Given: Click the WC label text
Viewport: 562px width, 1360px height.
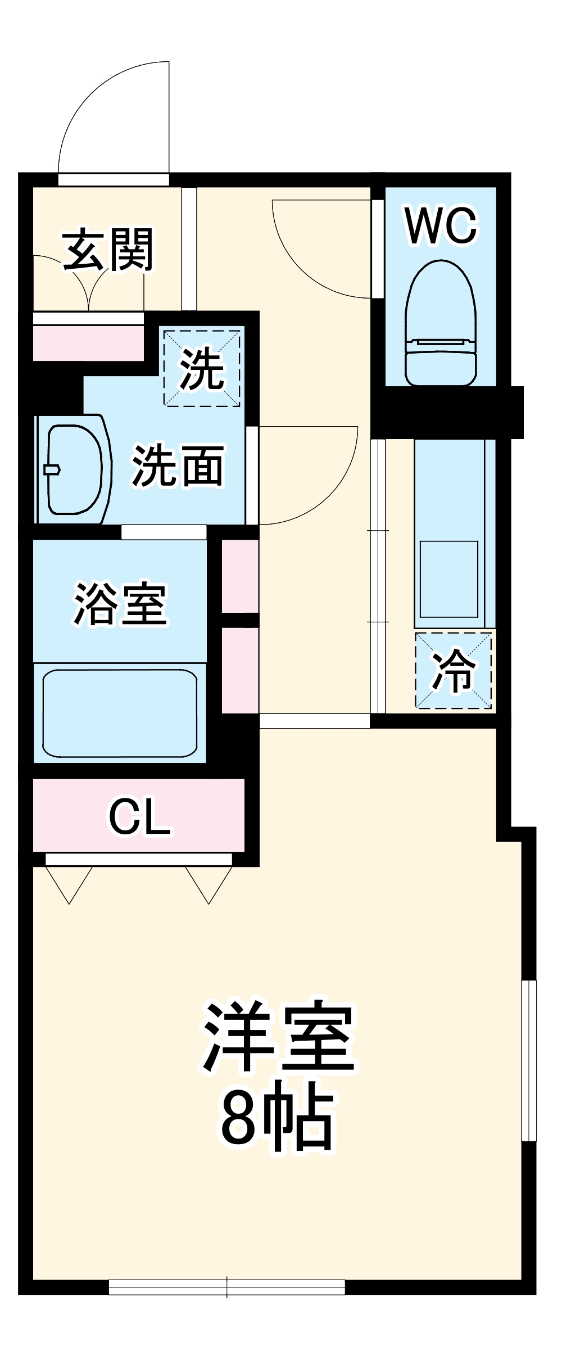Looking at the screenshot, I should [441, 226].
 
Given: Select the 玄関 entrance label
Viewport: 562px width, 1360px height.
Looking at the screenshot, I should [108, 249].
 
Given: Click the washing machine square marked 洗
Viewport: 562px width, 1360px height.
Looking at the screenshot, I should [202, 368].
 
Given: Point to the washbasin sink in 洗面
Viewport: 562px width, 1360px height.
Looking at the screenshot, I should [73, 469].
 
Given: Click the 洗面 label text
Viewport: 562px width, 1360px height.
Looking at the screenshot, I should [178, 466].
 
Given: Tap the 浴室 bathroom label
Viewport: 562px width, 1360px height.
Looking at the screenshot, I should [120, 604].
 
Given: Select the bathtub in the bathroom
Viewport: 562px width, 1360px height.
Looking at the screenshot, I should [120, 713].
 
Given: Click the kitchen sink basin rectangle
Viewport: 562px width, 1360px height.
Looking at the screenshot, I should [449, 579].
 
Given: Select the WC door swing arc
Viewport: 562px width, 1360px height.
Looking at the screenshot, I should [315, 259].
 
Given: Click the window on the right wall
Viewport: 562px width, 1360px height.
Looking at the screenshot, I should [529, 1060].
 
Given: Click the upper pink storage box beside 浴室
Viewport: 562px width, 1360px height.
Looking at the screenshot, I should [240, 576].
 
